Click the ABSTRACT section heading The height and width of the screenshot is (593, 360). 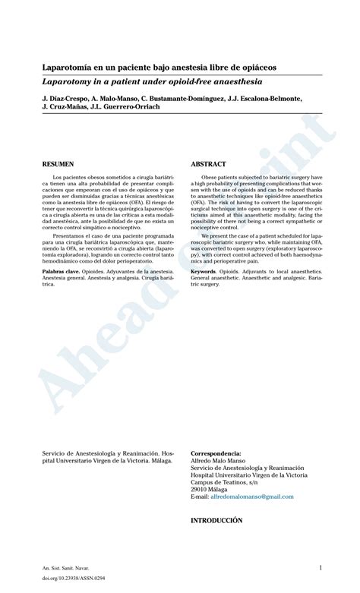tap(208, 164)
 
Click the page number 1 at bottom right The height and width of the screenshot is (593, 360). tap(321, 567)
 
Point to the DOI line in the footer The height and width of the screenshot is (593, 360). tap(65, 579)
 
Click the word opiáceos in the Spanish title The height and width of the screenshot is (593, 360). tap(255, 68)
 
